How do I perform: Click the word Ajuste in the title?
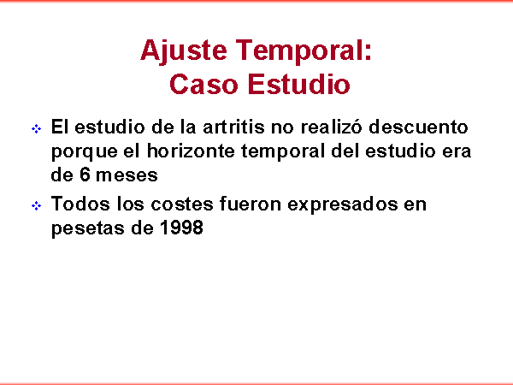[x=184, y=50]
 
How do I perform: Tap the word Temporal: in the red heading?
[x=304, y=50]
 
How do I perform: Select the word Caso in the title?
[x=203, y=84]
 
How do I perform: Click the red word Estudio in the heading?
[x=299, y=84]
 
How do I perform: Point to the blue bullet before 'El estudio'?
[x=36, y=128]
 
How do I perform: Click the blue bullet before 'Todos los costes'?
[x=36, y=206]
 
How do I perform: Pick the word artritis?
[x=233, y=127]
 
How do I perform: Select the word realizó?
[x=331, y=127]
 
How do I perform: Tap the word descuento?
[x=418, y=127]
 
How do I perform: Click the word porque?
[x=84, y=152]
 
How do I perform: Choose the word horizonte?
[x=191, y=151]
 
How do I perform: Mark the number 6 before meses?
[x=85, y=175]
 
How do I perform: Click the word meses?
[x=127, y=175]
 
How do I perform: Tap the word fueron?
[x=251, y=204]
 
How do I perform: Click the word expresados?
[x=342, y=205]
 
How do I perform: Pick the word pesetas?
[x=86, y=228]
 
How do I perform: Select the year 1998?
[x=181, y=228]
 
